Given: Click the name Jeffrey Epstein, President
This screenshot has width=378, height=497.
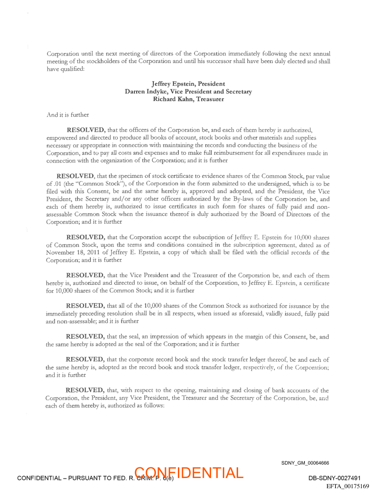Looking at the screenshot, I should point(188,84).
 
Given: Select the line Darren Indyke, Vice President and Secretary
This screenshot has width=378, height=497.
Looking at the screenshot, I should point(188,91).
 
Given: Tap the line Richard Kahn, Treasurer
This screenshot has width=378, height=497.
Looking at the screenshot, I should point(188,99).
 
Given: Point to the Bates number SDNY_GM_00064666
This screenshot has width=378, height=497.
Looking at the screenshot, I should point(305,463).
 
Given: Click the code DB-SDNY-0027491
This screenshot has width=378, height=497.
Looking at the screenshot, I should point(334,478).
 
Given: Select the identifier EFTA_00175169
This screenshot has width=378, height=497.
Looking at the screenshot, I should point(347,486).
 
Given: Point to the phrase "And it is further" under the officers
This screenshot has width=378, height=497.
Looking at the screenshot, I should point(68,114).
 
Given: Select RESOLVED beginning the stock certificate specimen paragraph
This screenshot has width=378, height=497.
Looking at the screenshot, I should point(76,176).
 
